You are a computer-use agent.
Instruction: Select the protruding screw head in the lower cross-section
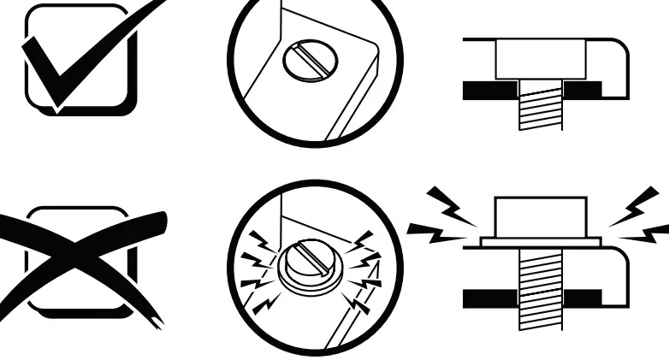[x=540, y=217]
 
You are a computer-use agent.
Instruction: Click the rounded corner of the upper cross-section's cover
[x=618, y=51]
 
